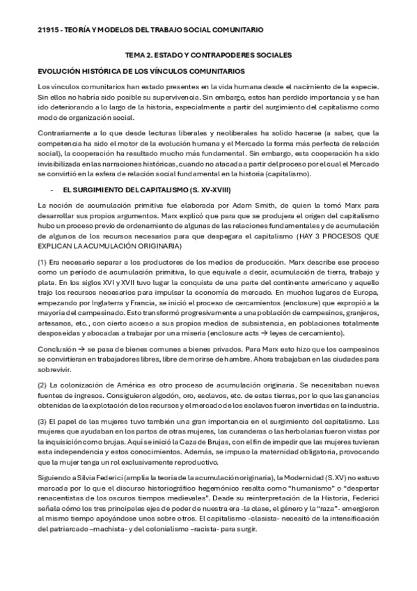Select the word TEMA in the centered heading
tap(134, 55)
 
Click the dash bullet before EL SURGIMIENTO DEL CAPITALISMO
tap(52, 189)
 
